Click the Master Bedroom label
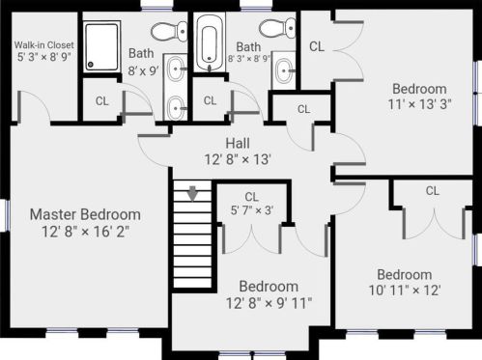point(85,214)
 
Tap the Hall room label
point(238,143)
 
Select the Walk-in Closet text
point(43,45)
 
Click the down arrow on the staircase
point(192,194)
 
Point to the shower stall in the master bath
point(101,46)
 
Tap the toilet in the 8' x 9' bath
point(169,31)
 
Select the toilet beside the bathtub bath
point(277,28)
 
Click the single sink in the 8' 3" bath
point(284,70)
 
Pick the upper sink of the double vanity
point(176,69)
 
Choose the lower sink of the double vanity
point(176,108)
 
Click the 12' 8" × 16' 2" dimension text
point(86,232)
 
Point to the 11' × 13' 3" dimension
point(419,104)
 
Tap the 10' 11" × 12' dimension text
point(405,291)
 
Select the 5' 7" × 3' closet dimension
point(252,210)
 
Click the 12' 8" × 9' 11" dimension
point(269,303)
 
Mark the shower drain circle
point(91,65)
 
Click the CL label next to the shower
point(102,101)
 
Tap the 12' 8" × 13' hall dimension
point(238,159)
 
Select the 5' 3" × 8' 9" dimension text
point(43,57)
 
